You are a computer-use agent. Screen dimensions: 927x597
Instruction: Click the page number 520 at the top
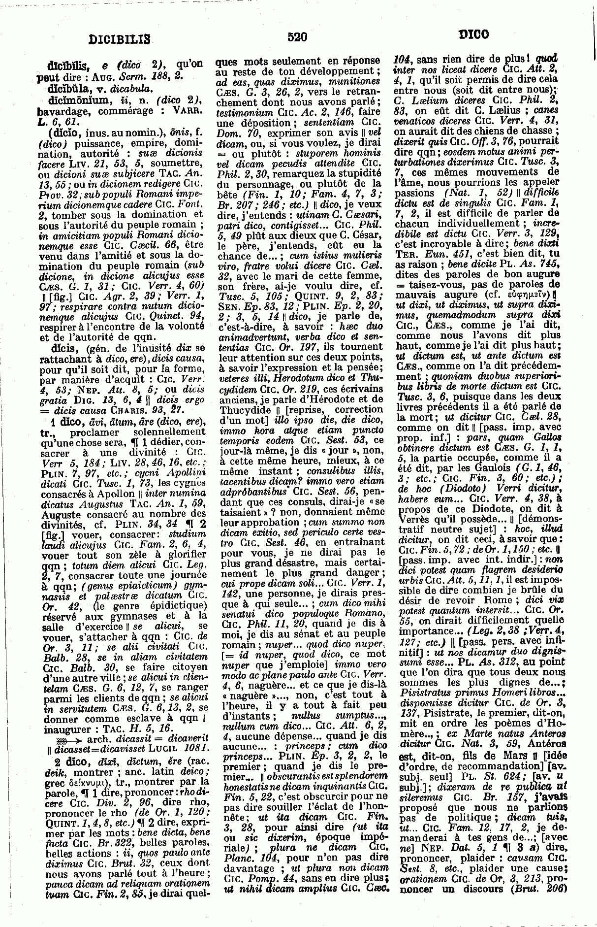point(297,36)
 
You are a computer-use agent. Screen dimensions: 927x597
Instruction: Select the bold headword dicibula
point(67,89)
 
